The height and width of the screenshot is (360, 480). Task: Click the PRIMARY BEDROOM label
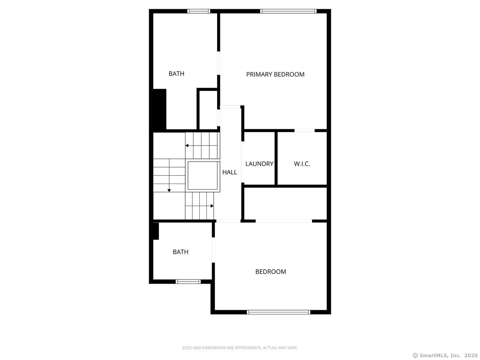(275, 74)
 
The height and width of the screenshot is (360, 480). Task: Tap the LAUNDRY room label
(259, 164)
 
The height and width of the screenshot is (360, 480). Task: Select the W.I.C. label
(302, 164)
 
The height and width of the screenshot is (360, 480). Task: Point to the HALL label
(230, 172)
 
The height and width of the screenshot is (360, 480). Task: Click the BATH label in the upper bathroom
(176, 74)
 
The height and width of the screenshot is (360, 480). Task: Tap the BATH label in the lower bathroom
(180, 252)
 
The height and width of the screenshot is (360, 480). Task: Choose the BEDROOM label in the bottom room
(271, 272)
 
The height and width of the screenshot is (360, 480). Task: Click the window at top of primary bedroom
(288, 11)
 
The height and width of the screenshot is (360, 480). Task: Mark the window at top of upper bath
(199, 11)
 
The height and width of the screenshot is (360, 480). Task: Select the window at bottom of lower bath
(188, 282)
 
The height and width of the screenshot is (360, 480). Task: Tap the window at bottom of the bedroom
(278, 312)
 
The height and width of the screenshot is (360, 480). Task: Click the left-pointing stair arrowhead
(187, 146)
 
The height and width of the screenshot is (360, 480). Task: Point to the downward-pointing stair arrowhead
(169, 190)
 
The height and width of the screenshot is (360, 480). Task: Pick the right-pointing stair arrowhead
(212, 206)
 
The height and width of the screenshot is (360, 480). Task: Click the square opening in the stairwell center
(204, 176)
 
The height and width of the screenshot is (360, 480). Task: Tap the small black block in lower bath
(156, 231)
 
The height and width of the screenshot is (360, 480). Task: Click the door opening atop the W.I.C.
(304, 130)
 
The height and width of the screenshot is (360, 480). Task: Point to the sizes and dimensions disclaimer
(240, 348)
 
